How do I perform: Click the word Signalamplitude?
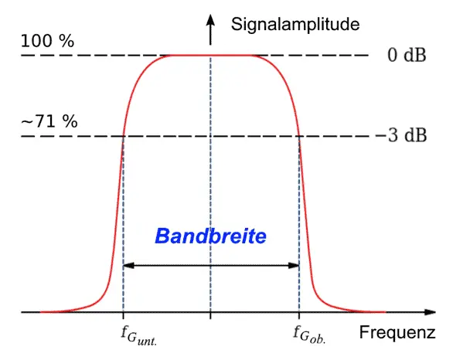coord(295,25)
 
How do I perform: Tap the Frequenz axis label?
coord(397,332)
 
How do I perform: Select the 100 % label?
coord(47,41)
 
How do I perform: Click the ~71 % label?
coord(49,121)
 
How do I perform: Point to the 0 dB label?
coord(407,55)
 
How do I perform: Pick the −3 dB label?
coord(401,135)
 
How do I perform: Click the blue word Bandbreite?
coord(210,236)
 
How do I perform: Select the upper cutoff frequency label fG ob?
coord(309,335)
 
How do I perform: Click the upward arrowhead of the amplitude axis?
coord(210,20)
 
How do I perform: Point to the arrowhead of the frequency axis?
coord(430,312)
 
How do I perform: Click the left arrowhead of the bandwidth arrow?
coord(128,265)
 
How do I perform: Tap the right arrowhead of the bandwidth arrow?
coord(294,265)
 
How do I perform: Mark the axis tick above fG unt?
coord(124,315)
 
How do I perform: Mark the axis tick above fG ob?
coord(299,315)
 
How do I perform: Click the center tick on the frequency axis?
coord(210,315)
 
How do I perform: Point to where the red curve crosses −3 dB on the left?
coord(124,136)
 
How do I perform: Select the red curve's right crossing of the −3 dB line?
coord(299,136)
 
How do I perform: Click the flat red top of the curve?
coord(210,55)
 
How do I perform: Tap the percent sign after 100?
coord(67,41)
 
